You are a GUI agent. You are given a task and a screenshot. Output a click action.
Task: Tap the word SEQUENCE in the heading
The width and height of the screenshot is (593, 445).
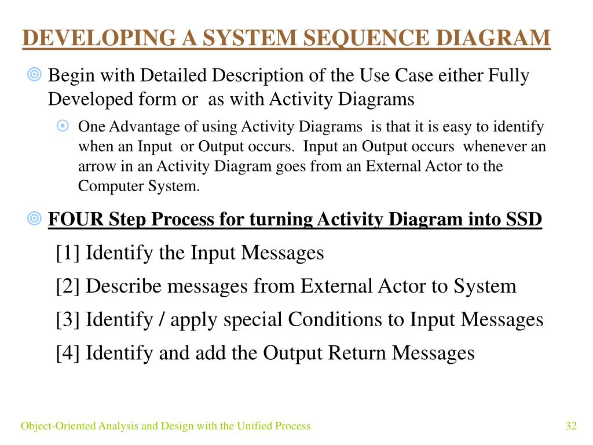[367, 38]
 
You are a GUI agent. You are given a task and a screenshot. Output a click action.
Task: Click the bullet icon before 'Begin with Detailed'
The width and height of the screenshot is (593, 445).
[34, 74]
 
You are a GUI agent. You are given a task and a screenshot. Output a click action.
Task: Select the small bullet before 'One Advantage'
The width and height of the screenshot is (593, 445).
[63, 126]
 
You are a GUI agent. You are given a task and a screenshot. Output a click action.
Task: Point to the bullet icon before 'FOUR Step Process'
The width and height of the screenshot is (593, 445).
[34, 218]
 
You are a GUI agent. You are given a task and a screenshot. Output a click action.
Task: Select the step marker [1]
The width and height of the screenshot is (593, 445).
[68, 253]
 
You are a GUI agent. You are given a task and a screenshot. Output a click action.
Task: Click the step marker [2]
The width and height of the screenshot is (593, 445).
[68, 286]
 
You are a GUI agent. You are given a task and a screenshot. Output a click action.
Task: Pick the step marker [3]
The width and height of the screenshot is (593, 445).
[68, 319]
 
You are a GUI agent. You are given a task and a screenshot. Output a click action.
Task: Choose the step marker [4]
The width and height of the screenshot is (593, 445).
[68, 352]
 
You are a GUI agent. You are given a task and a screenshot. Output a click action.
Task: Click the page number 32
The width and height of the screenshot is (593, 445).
[571, 426]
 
